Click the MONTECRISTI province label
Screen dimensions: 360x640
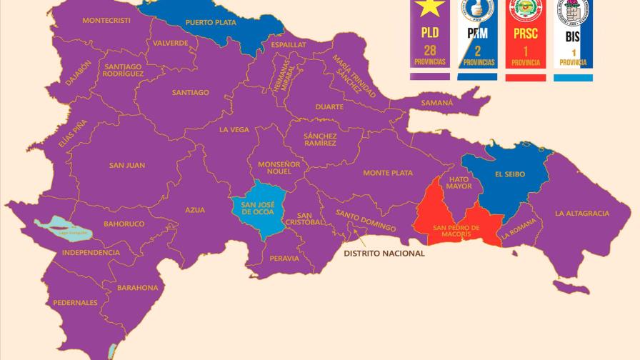pyautogui.click(x=106, y=21)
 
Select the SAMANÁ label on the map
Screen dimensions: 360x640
pyautogui.click(x=436, y=102)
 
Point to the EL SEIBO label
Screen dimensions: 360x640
pyautogui.click(x=509, y=174)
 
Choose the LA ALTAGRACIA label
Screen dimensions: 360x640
pyautogui.click(x=582, y=213)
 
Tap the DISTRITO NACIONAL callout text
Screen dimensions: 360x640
pyautogui.click(x=384, y=253)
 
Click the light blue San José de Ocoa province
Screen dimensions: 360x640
pyautogui.click(x=257, y=207)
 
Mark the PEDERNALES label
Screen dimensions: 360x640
pyautogui.click(x=75, y=303)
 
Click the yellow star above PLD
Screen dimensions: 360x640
pyautogui.click(x=431, y=8)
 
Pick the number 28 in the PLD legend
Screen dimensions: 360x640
pyautogui.click(x=430, y=50)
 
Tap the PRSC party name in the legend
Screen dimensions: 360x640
pyautogui.click(x=525, y=33)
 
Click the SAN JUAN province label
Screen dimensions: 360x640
pyautogui.click(x=127, y=166)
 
